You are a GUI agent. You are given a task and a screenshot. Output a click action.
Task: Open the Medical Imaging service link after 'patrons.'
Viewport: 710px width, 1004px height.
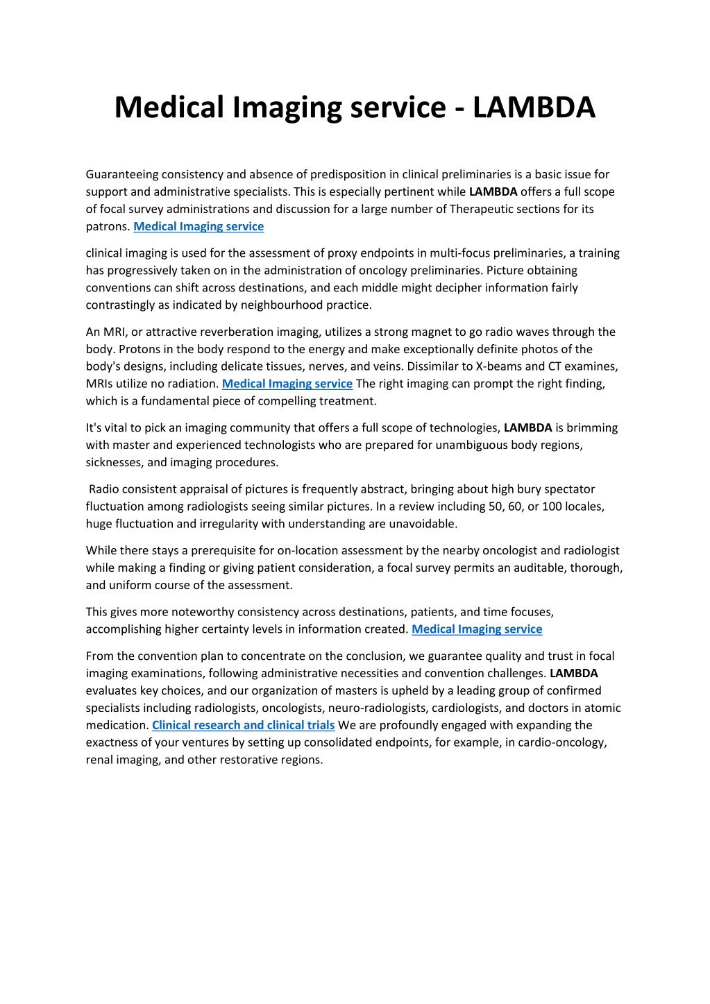coord(198,226)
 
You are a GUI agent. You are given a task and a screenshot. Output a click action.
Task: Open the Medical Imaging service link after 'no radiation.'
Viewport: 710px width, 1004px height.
coord(287,384)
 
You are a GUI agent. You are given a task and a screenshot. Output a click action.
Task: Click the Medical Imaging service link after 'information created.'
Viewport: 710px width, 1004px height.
coord(477,629)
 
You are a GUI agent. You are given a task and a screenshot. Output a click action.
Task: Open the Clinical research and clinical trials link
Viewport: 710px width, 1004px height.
coord(243,725)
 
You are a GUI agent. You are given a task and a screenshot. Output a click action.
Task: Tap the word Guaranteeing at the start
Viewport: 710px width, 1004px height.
coord(122,174)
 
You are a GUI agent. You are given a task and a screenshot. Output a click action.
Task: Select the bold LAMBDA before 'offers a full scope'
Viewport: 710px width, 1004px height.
coord(493,192)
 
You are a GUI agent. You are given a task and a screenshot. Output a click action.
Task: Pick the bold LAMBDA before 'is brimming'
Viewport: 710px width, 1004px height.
coord(527,428)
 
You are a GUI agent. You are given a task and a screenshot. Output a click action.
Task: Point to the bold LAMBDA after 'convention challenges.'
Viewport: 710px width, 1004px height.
coord(573,673)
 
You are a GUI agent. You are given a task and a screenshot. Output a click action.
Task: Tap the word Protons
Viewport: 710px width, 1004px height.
coord(106,349)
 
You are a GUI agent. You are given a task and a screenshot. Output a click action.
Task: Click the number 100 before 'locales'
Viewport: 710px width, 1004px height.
coord(552,507)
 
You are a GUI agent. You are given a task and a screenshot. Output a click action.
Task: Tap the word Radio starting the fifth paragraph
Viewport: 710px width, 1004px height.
coord(104,489)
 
